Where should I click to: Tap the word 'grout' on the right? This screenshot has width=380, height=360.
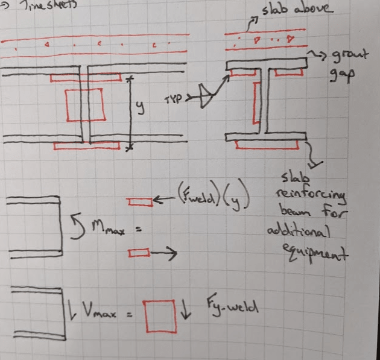coord(336,58)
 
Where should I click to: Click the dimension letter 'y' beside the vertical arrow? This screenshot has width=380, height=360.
coord(139,107)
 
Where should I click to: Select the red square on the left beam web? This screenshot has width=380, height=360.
coord(84,105)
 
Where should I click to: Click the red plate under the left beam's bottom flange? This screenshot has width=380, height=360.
coord(86,146)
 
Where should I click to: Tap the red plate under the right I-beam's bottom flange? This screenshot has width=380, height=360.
coord(267,144)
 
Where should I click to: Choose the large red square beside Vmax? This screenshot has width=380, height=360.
coord(161,316)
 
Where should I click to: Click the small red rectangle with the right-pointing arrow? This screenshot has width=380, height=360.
coord(139,254)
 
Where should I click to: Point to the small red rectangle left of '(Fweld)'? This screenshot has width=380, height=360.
coord(140,202)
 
